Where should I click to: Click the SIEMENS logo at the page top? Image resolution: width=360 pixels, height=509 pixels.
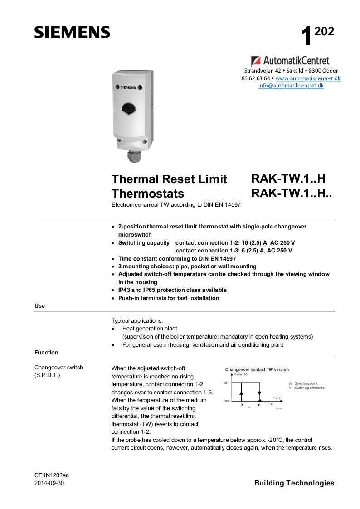(x=72, y=32)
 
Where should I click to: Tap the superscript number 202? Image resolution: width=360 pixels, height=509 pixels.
(x=324, y=31)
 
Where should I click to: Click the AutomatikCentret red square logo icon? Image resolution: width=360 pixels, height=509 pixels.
(x=256, y=61)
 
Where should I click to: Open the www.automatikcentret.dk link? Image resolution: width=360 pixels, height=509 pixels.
(x=308, y=78)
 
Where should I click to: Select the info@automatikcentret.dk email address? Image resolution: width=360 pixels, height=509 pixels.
(x=291, y=86)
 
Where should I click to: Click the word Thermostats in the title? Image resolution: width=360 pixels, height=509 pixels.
(x=148, y=194)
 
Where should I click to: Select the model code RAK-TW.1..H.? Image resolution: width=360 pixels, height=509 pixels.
(x=288, y=178)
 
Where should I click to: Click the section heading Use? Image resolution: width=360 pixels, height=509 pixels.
(x=39, y=306)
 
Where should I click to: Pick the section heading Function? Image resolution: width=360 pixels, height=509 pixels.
(x=46, y=352)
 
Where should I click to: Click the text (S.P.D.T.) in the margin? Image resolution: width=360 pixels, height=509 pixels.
(x=48, y=376)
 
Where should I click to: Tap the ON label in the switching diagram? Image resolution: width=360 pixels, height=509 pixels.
(x=226, y=383)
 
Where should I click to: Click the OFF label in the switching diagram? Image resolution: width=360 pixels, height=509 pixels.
(x=227, y=401)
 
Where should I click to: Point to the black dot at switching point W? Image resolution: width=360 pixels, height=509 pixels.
(x=259, y=401)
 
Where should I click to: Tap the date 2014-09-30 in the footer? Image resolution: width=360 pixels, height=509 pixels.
(x=49, y=483)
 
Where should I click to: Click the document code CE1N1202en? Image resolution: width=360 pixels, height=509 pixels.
(x=51, y=475)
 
